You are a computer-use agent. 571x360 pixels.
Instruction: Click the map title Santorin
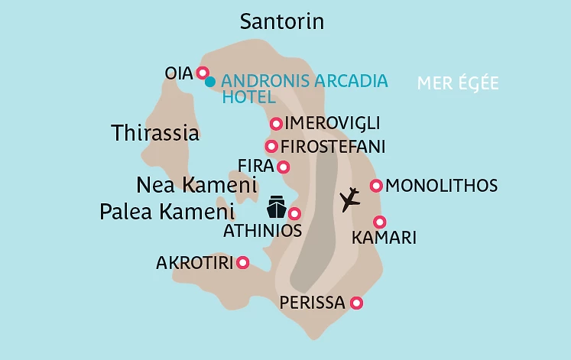pyautogui.click(x=282, y=21)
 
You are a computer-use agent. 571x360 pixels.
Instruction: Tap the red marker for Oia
pyautogui.click(x=203, y=73)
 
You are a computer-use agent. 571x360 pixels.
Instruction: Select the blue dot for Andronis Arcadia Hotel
pyautogui.click(x=210, y=81)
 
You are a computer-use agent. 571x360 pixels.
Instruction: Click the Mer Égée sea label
pyautogui.click(x=458, y=83)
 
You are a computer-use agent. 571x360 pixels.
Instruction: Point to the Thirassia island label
pyautogui.click(x=155, y=133)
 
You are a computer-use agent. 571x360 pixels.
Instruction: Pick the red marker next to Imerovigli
pyautogui.click(x=276, y=124)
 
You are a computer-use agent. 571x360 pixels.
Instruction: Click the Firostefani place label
pyautogui.click(x=333, y=146)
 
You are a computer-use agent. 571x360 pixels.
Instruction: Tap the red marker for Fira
pyautogui.click(x=284, y=167)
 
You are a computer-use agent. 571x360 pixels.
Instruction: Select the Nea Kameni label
pyautogui.click(x=196, y=185)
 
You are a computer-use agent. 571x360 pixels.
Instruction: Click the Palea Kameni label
pyautogui.click(x=167, y=212)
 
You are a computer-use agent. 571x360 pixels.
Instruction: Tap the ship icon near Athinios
pyautogui.click(x=276, y=207)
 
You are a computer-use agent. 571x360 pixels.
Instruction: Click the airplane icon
pyautogui.click(x=349, y=199)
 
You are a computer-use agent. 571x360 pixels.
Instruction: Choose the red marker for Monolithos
pyautogui.click(x=376, y=186)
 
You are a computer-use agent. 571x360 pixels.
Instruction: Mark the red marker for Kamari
pyautogui.click(x=380, y=221)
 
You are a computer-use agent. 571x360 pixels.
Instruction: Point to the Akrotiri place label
pyautogui.click(x=193, y=263)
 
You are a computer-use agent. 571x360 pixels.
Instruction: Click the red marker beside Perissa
pyautogui.click(x=355, y=303)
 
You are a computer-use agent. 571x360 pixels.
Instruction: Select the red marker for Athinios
pyautogui.click(x=294, y=214)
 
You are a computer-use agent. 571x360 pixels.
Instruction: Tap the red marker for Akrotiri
pyautogui.click(x=243, y=263)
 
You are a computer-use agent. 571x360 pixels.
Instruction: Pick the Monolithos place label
pyautogui.click(x=442, y=186)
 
